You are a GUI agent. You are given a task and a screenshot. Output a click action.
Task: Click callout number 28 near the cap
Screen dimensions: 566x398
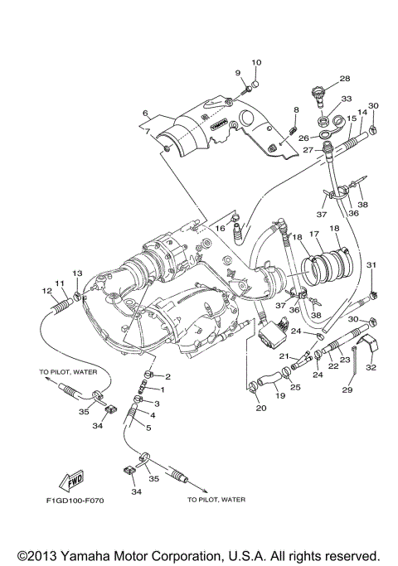pyautogui.click(x=344, y=80)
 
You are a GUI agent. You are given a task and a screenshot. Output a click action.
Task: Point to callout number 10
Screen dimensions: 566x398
pyautogui.click(x=256, y=62)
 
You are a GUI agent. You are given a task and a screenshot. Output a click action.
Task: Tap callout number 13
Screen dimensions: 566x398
pyautogui.click(x=77, y=273)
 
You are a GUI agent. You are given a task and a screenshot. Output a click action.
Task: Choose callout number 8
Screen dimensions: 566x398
pyautogui.click(x=294, y=109)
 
